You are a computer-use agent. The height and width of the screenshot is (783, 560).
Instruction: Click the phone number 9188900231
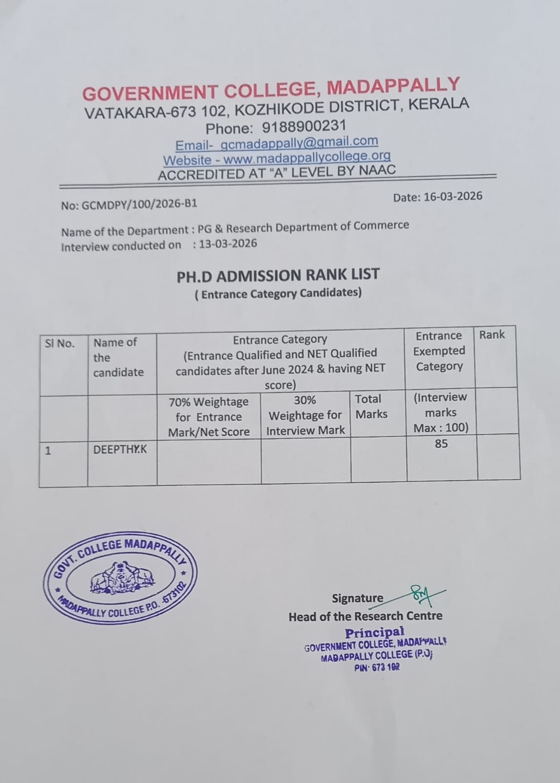(x=304, y=127)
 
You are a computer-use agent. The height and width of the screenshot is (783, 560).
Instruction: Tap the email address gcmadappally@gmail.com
(x=299, y=142)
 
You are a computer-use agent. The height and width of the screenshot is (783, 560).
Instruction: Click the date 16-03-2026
(x=452, y=197)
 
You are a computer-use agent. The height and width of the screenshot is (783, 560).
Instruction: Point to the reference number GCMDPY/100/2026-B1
(x=139, y=204)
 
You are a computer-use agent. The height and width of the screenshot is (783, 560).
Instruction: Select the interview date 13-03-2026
(x=228, y=244)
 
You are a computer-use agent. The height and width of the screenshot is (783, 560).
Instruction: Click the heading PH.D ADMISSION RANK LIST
(x=278, y=276)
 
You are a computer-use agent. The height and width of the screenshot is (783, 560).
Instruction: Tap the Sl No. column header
(x=60, y=344)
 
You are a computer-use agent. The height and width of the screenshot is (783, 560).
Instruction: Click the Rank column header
(x=492, y=335)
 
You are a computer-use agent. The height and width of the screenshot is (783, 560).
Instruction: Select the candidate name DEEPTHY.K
(x=120, y=449)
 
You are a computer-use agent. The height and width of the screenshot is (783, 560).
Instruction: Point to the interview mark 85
(x=441, y=444)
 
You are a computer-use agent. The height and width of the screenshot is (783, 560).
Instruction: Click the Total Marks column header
(x=371, y=407)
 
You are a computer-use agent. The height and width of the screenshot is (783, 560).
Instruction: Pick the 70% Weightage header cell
(x=209, y=416)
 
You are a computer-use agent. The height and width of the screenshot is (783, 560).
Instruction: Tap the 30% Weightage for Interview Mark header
(x=305, y=415)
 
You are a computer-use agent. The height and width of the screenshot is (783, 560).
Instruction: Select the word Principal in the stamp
(x=375, y=633)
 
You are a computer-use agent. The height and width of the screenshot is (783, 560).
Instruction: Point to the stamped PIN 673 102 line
(x=377, y=667)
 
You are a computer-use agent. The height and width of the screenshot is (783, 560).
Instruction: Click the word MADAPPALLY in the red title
(x=393, y=86)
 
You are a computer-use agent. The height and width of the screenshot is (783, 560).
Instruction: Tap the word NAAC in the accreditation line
(x=377, y=170)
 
